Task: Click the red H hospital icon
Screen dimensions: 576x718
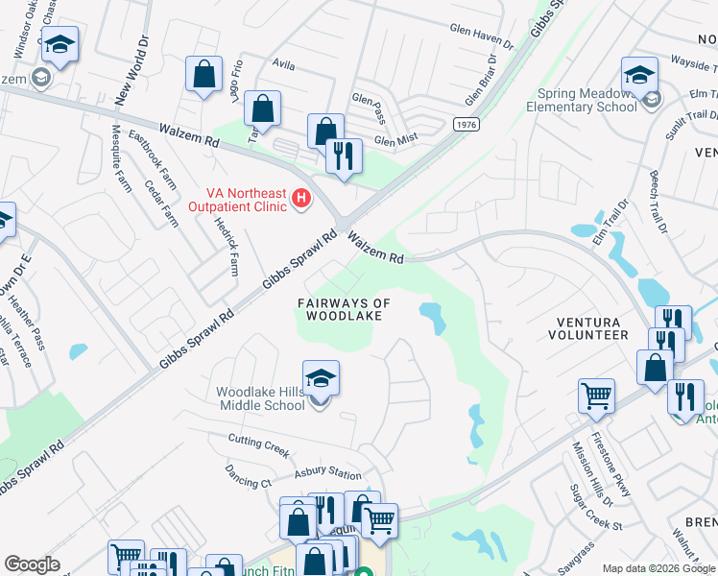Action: coord(301,199)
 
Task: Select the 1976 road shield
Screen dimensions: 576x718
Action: coord(467,125)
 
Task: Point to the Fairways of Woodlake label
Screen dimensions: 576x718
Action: coord(344,309)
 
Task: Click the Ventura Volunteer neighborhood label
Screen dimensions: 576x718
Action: coord(587,328)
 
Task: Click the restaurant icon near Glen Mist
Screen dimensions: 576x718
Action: coord(344,156)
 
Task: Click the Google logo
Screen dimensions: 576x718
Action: coord(32,564)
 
